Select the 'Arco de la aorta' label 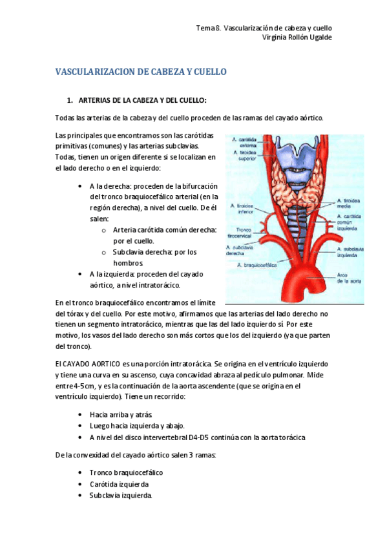(x=347, y=278)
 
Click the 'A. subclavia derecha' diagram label (x=240, y=250)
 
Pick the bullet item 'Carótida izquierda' (x=119, y=484)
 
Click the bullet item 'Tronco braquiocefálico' (x=126, y=472)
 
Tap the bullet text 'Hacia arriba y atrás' (x=121, y=414)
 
